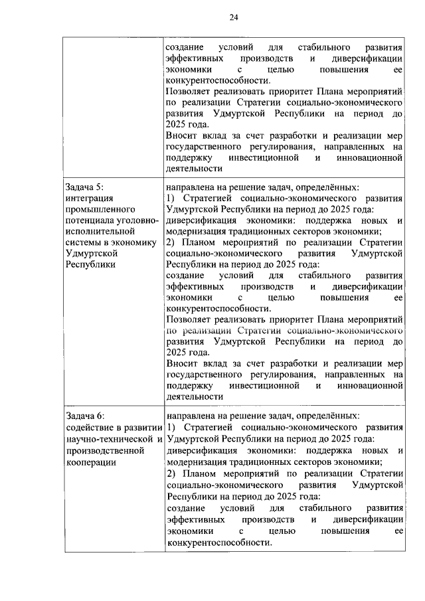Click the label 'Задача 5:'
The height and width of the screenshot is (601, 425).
85,188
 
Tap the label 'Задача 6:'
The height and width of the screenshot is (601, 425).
85,415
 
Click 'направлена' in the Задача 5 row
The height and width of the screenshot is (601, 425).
190,188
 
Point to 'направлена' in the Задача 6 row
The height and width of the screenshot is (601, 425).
190,415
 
